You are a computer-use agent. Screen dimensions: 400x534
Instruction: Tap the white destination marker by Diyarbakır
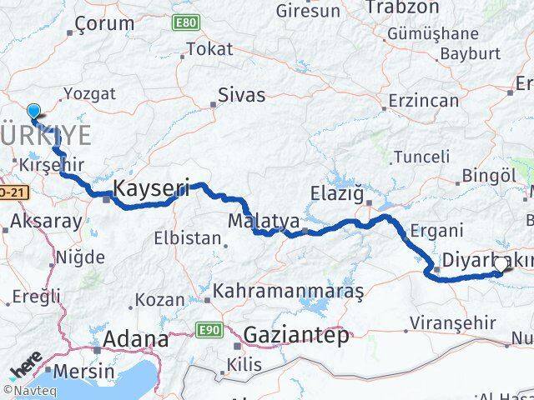[x=501, y=265]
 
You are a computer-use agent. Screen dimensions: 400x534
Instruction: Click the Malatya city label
[x=264, y=222]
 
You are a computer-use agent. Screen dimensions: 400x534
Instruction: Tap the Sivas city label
[x=240, y=93]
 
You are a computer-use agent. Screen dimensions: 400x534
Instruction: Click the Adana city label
[x=135, y=340]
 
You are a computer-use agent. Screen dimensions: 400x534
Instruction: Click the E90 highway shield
[x=209, y=331]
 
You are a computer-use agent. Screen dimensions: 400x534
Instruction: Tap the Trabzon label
[x=401, y=7]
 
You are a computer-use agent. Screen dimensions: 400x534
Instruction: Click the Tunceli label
[x=421, y=156]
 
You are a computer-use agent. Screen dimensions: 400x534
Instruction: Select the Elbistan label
[x=188, y=237]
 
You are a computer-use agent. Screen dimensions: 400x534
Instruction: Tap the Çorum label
[x=104, y=24]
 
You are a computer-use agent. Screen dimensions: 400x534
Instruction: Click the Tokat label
[x=209, y=49]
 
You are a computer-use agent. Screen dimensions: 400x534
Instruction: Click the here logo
[x=28, y=367]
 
